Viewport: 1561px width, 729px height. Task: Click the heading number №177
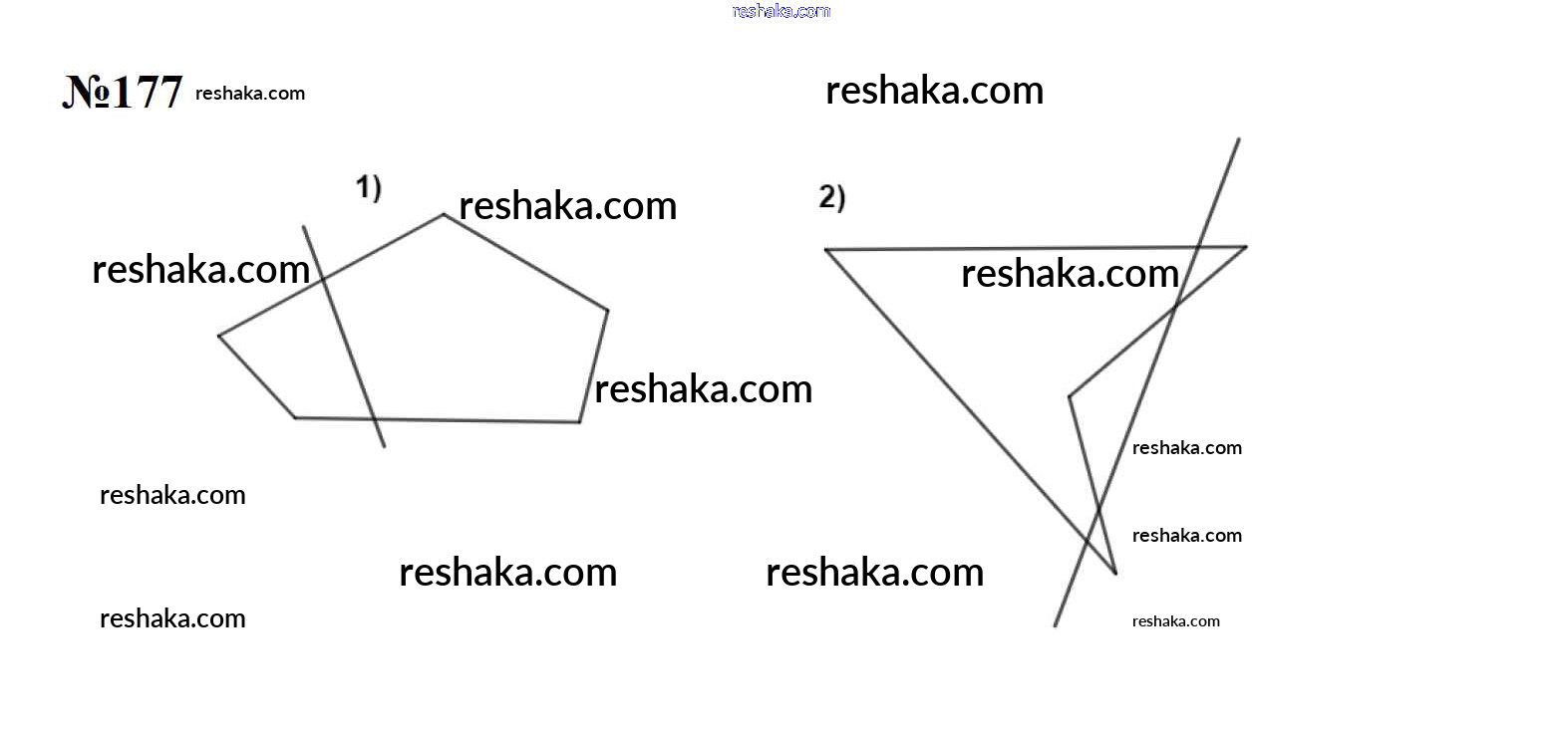(x=123, y=92)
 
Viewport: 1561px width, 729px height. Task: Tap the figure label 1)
(x=369, y=188)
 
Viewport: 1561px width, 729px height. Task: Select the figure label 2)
(x=832, y=197)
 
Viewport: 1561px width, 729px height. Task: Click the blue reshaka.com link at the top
(x=781, y=10)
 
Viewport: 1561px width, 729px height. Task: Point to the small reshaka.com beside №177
(x=250, y=94)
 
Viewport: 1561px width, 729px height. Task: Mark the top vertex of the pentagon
(x=444, y=214)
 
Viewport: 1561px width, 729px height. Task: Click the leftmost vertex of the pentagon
(x=219, y=336)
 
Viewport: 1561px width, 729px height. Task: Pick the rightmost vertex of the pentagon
(x=608, y=311)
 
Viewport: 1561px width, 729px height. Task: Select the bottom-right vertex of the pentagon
(x=579, y=422)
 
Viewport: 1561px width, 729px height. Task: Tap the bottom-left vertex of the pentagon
(x=295, y=417)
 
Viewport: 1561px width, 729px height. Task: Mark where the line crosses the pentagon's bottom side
(x=375, y=419)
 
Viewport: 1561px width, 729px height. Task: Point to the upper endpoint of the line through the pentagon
(x=303, y=226)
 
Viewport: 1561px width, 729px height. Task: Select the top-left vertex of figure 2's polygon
(x=825, y=249)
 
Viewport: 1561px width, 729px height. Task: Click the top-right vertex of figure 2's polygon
(x=1246, y=246)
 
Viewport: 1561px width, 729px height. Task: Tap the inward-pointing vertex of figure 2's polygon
(x=1070, y=397)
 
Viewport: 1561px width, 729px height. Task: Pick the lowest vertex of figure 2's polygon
(x=1115, y=574)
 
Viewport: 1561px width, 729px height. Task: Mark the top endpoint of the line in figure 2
(x=1239, y=139)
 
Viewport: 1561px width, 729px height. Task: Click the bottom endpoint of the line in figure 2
(x=1055, y=626)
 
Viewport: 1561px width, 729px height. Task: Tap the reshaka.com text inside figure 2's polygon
(x=1070, y=273)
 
